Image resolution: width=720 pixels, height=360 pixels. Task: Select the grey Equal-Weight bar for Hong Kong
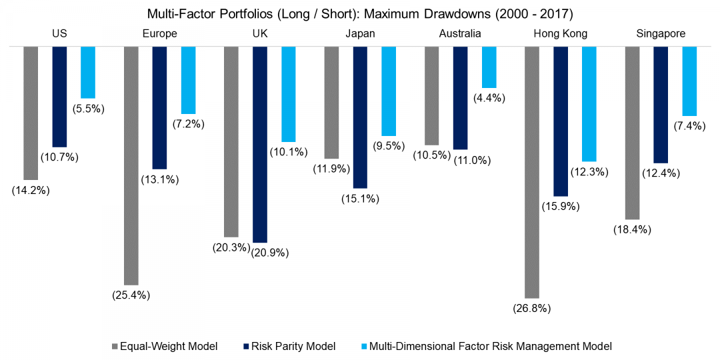pyautogui.click(x=532, y=172)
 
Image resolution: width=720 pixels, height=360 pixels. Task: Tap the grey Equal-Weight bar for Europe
pyautogui.click(x=131, y=165)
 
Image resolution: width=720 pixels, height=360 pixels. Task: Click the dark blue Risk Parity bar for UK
pyautogui.click(x=259, y=144)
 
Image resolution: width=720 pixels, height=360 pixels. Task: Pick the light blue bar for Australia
pyautogui.click(x=489, y=67)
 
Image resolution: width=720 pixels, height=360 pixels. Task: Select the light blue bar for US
pyautogui.click(x=88, y=73)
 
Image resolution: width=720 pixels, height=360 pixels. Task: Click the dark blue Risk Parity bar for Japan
pyautogui.click(x=360, y=117)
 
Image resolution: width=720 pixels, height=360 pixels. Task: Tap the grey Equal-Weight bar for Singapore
pyautogui.click(x=632, y=133)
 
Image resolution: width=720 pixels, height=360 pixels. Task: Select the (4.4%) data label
pyautogui.click(x=489, y=98)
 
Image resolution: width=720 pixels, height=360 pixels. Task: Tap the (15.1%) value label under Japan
pyautogui.click(x=360, y=198)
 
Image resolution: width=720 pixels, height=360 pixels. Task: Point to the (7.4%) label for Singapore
pyautogui.click(x=689, y=126)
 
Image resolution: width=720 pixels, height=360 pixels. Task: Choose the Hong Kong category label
pyautogui.click(x=561, y=33)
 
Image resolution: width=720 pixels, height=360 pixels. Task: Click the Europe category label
pyautogui.click(x=160, y=33)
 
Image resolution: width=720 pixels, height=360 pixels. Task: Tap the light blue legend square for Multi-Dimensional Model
pyautogui.click(x=363, y=346)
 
